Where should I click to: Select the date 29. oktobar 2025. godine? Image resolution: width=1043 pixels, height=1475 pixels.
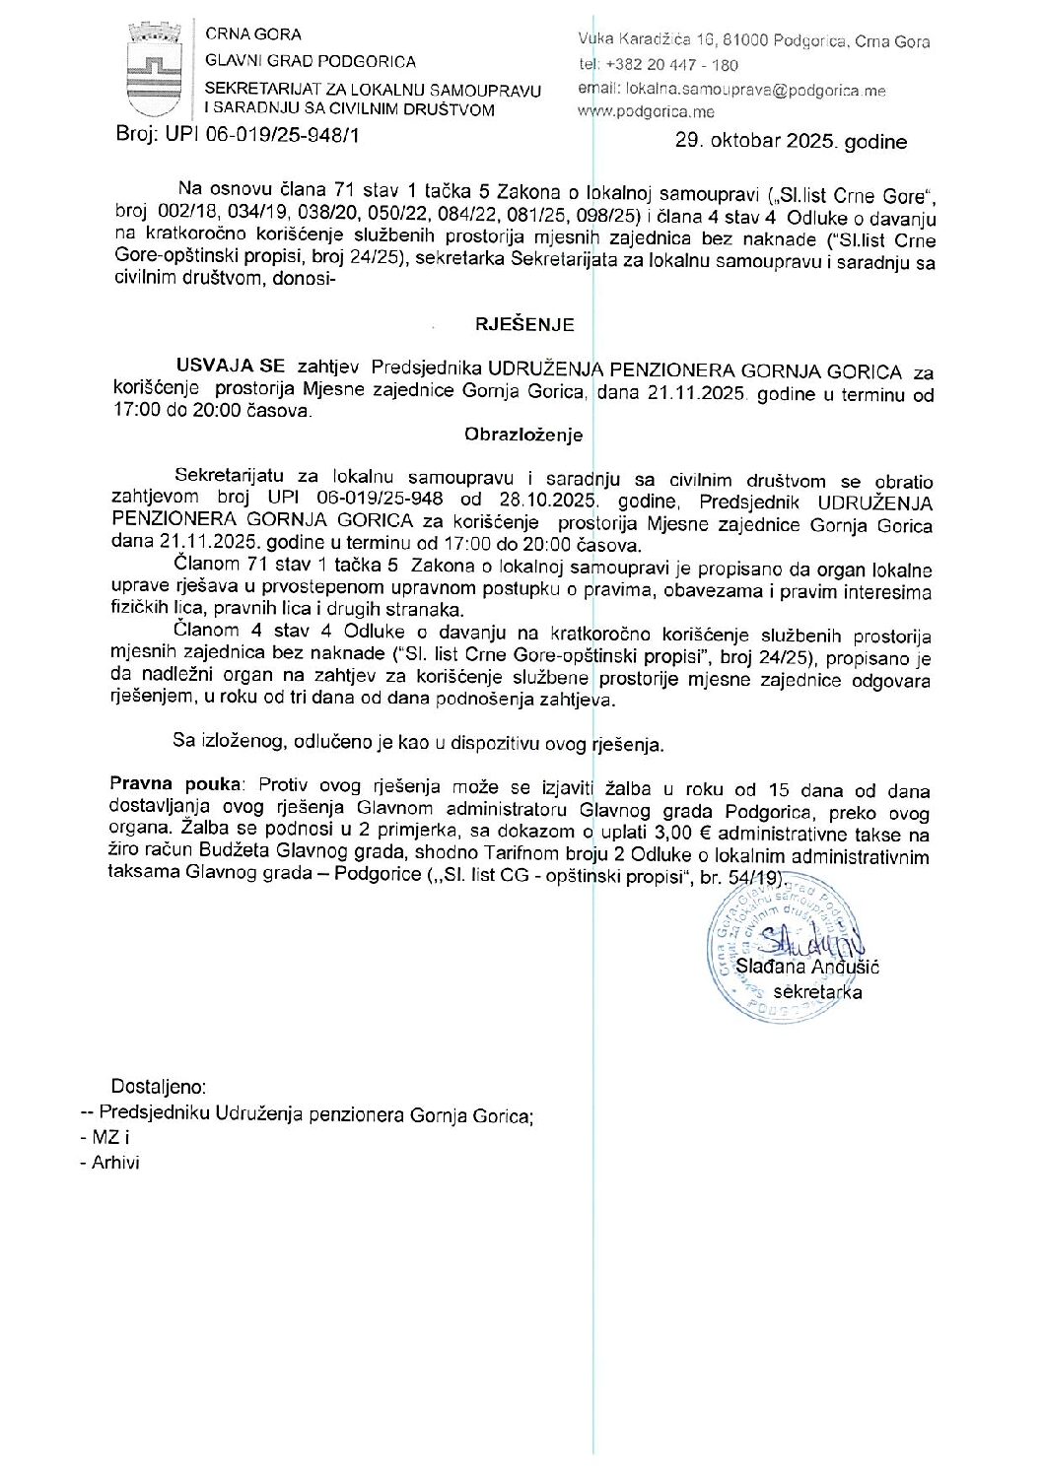pos(791,142)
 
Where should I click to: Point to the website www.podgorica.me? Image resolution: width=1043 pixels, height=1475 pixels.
pos(646,112)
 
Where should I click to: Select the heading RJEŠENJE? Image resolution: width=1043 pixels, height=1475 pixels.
pos(524,324)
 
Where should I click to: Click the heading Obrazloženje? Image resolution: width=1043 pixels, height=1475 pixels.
pos(523,435)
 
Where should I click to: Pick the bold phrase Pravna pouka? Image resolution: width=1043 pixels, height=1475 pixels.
pos(175,784)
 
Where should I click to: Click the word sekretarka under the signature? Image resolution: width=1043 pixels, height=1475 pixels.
pos(817,992)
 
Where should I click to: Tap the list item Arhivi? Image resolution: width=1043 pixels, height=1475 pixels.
pos(115,1163)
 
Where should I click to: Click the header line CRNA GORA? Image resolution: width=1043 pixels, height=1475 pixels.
pos(253,34)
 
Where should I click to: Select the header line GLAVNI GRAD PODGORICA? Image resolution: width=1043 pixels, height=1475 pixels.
pos(311,61)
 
